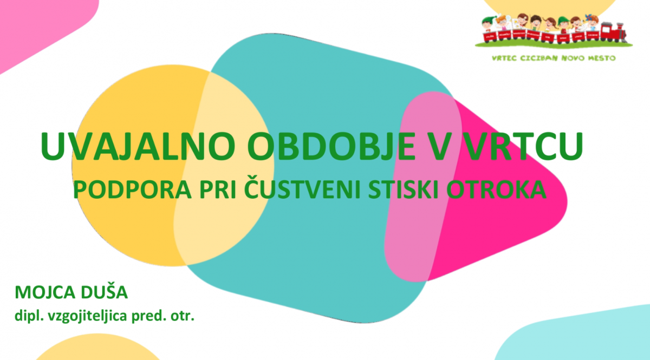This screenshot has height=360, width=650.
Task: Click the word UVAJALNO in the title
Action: (138, 146)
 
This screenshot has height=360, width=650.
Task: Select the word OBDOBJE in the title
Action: (331, 146)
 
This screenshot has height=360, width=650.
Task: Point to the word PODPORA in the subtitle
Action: (132, 189)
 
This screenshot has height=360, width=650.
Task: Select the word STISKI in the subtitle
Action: (403, 189)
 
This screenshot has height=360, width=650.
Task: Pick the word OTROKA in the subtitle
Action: (496, 189)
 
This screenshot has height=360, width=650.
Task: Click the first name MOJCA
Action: (45, 292)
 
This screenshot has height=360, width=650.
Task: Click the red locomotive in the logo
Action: (613, 32)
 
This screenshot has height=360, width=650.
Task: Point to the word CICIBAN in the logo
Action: (539, 58)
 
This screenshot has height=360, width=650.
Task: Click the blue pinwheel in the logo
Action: (588, 18)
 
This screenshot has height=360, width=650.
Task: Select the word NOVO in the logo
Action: (573, 58)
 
